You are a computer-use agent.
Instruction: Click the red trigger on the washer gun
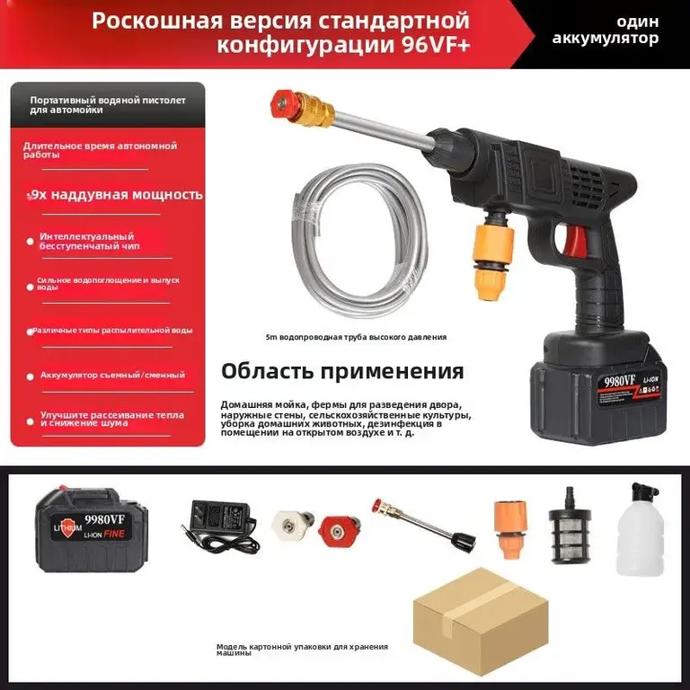tap(575, 243)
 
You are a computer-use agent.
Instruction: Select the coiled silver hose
tap(359, 240)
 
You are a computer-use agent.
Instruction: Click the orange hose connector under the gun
tap(492, 255)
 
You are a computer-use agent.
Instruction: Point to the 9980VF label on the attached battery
tap(619, 381)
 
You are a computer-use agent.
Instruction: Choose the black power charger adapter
tap(218, 525)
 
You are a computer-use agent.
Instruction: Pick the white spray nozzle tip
tap(292, 524)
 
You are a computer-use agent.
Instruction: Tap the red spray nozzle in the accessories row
tap(339, 530)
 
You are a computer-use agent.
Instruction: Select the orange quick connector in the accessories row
tap(510, 529)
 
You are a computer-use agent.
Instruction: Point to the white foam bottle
tap(640, 529)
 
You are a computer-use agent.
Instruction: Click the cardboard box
tap(481, 621)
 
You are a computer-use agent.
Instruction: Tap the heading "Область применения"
tap(342, 371)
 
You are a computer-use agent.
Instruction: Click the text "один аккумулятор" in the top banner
tap(606, 30)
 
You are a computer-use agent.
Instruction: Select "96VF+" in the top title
tap(436, 45)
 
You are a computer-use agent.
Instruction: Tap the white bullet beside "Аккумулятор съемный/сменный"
tap(31, 376)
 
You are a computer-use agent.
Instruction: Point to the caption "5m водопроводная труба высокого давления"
tap(356, 337)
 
